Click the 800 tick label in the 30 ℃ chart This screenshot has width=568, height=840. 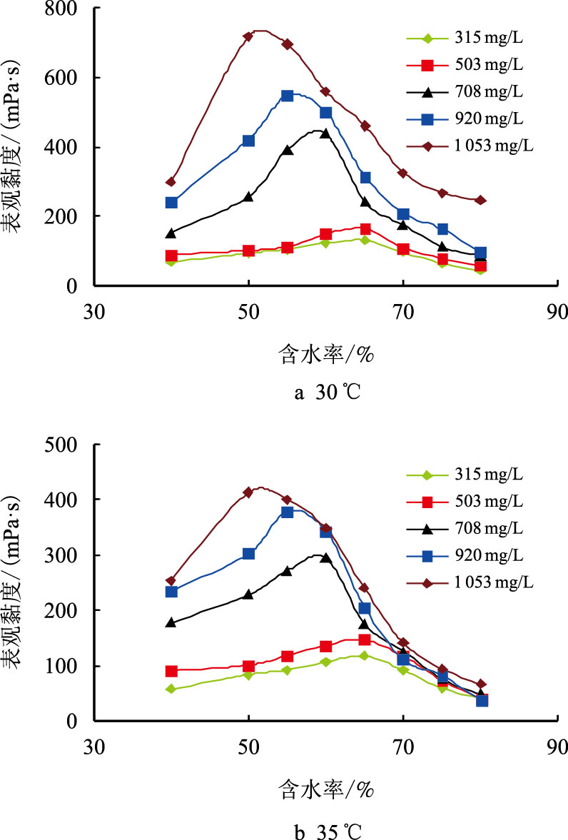pyautogui.click(x=66, y=9)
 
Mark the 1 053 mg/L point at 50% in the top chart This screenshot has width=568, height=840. pyautogui.click(x=248, y=36)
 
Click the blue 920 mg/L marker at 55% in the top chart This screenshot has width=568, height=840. pyautogui.click(x=287, y=96)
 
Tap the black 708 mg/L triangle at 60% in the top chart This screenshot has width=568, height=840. pyautogui.click(x=325, y=133)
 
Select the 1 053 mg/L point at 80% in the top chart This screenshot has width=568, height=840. pyautogui.click(x=480, y=200)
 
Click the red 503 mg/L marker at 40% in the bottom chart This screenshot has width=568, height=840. pyautogui.click(x=171, y=671)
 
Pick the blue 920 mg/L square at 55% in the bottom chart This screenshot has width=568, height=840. pyautogui.click(x=287, y=512)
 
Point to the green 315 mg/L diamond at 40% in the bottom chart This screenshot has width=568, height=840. pyautogui.click(x=171, y=689)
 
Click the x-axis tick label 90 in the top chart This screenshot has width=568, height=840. pyautogui.click(x=557, y=313)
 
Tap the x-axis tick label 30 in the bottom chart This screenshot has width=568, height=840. pyautogui.click(x=93, y=749)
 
